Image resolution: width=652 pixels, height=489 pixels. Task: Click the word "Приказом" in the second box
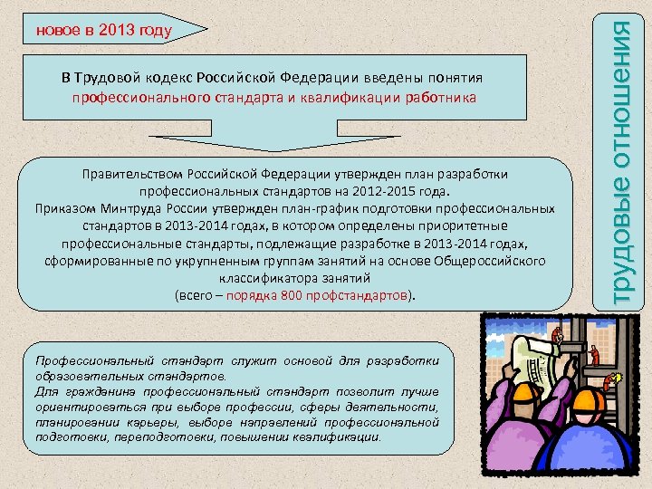tap(62, 208)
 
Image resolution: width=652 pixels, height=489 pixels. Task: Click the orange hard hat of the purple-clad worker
tap(522, 396)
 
